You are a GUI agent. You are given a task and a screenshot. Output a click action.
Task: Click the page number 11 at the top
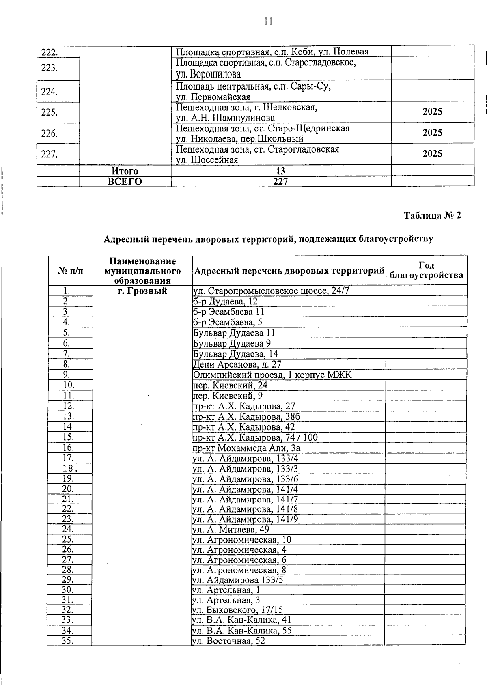(x=268, y=22)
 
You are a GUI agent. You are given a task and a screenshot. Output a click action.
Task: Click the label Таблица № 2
(x=432, y=215)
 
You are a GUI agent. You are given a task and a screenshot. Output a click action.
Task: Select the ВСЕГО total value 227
(x=280, y=181)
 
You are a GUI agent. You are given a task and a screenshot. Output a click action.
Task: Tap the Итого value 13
(x=280, y=171)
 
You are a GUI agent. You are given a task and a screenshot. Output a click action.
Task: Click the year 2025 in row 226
(x=432, y=133)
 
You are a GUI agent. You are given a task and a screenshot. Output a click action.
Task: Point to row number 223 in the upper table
(x=49, y=68)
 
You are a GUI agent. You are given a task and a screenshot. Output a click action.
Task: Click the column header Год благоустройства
(x=426, y=270)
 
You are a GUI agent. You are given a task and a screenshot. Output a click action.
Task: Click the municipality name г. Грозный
(x=142, y=291)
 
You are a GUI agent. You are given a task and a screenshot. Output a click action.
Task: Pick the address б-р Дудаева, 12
(x=225, y=302)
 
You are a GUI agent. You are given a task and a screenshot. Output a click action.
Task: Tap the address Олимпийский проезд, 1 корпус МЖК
(x=272, y=375)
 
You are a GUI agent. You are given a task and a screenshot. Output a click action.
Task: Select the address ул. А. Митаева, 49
(x=231, y=529)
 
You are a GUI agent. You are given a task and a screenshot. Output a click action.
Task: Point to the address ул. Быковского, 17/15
(x=237, y=610)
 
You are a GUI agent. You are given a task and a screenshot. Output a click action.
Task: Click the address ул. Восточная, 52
(x=228, y=641)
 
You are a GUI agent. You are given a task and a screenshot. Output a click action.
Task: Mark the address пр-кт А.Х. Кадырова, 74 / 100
(x=255, y=437)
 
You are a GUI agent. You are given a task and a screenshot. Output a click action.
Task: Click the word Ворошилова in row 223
(x=208, y=75)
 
